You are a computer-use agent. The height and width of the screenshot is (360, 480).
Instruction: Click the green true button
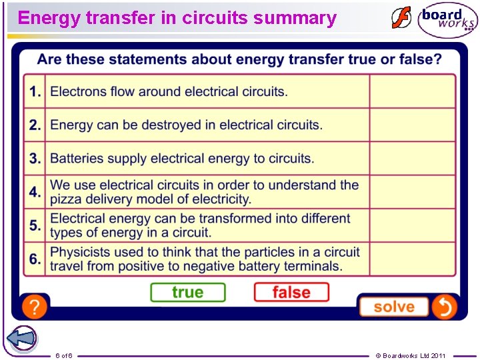pyautogui.click(x=187, y=292)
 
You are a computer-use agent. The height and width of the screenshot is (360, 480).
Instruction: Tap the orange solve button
pyautogui.click(x=393, y=307)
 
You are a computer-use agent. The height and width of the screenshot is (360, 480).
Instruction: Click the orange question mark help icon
pyautogui.click(x=34, y=307)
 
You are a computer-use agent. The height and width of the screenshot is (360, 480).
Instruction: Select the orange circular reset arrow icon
pyautogui.click(x=443, y=307)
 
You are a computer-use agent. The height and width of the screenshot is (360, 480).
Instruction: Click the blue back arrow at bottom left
pyautogui.click(x=21, y=338)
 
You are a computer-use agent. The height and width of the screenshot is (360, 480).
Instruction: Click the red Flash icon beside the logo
pyautogui.click(x=401, y=18)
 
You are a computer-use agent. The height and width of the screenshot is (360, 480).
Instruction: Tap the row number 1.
pyautogui.click(x=35, y=91)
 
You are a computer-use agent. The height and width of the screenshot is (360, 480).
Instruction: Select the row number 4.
pyautogui.click(x=35, y=192)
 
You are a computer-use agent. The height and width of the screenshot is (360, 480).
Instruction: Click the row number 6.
pyautogui.click(x=35, y=259)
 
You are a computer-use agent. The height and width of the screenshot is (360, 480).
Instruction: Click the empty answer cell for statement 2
pyautogui.click(x=413, y=125)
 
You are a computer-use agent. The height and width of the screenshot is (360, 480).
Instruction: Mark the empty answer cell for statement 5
pyautogui.click(x=413, y=225)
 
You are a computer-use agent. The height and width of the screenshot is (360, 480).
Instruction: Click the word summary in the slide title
pyautogui.click(x=295, y=18)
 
